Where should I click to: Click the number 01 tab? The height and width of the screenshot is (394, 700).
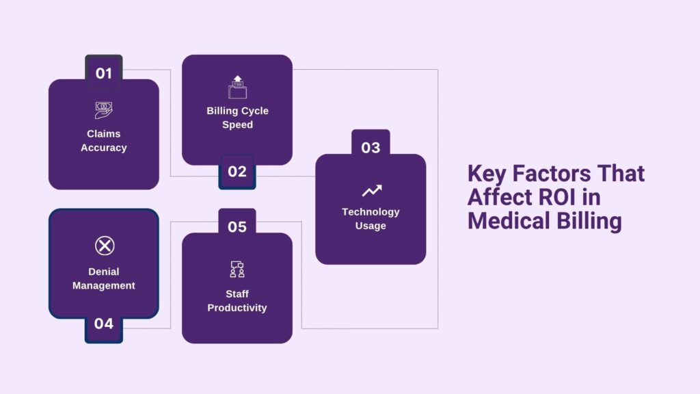[x=103, y=73]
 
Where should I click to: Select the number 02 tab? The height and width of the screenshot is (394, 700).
[x=237, y=172]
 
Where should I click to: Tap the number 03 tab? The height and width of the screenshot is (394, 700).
[x=371, y=147]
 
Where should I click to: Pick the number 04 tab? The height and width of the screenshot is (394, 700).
[x=103, y=324]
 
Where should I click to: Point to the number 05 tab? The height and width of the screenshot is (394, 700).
[x=237, y=226]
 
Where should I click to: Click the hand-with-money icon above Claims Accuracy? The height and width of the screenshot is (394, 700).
[x=103, y=109]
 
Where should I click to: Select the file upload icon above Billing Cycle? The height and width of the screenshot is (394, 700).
[x=237, y=87]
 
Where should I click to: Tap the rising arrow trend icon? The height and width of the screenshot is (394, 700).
[x=371, y=190]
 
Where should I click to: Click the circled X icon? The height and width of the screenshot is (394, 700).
[x=104, y=246]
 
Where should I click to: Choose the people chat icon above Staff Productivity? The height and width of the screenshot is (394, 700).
[x=237, y=270]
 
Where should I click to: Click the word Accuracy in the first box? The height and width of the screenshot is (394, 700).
[x=103, y=148]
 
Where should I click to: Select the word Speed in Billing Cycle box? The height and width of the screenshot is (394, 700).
[x=237, y=124]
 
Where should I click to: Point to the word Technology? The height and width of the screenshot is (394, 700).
[x=371, y=211]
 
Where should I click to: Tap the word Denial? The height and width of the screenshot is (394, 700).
[x=104, y=272]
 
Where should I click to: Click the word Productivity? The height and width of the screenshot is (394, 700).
[x=237, y=308]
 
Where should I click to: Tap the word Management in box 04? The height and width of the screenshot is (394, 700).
[x=104, y=285]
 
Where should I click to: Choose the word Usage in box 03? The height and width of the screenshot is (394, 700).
[x=371, y=226]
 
